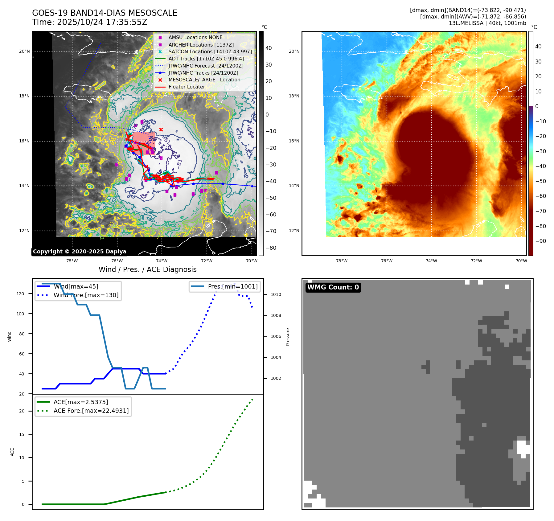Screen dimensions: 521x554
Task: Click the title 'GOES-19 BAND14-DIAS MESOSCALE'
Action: coord(105,13)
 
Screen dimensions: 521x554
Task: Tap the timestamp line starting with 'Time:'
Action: coord(89,22)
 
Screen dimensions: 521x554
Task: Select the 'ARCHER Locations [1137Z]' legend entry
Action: coord(201,45)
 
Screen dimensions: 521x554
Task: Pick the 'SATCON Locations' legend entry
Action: coord(210,52)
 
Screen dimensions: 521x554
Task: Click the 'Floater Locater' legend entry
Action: coord(187,87)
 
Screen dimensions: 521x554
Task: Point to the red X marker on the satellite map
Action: coord(161,129)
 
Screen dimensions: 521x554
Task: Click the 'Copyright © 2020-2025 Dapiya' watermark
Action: coord(80,252)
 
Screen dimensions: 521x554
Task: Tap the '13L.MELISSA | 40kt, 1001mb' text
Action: coord(487,23)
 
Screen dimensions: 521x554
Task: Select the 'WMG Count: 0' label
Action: coord(333,287)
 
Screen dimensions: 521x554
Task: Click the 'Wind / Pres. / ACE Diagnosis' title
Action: coord(147,269)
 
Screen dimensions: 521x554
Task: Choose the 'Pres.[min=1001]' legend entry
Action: coord(233,286)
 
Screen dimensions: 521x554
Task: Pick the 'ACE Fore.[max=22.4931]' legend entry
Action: coord(91,411)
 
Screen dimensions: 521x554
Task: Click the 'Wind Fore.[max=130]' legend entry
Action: coord(86,295)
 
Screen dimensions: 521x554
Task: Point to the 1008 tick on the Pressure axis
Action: coord(276,315)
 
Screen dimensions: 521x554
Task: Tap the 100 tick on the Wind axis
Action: coord(20,314)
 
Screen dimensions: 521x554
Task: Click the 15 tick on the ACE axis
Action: coord(22,434)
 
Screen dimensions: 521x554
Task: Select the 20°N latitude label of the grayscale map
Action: coord(24,51)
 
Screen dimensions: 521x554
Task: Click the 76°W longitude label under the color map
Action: coord(387,261)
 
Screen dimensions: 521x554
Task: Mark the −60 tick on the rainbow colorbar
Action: coord(540,196)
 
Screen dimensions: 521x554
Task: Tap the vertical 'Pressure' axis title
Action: coord(288,337)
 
